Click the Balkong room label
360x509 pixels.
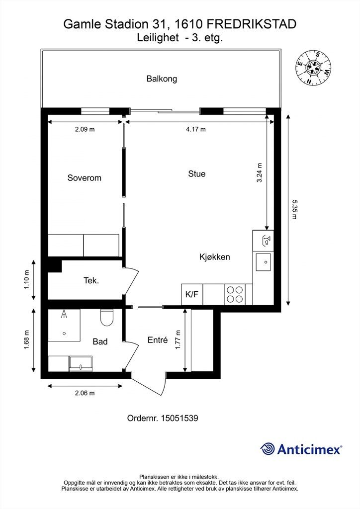(162, 79)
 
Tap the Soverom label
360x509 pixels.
(84, 177)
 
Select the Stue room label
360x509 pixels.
(196, 174)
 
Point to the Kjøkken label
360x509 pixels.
(214, 257)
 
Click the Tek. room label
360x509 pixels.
(91, 280)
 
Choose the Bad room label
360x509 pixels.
(100, 341)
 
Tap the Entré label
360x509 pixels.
(158, 340)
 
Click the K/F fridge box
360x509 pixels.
(192, 294)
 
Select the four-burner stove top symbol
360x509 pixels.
(235, 294)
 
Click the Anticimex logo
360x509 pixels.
(301, 449)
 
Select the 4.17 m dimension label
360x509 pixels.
(195, 129)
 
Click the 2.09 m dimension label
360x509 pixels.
(85, 129)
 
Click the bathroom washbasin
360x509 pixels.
(80, 363)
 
